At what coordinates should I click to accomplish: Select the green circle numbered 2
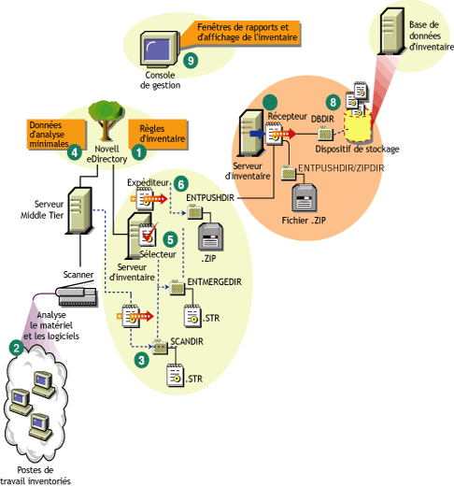16,347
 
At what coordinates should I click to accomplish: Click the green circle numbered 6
181,185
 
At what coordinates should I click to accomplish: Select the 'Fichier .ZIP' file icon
305,197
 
